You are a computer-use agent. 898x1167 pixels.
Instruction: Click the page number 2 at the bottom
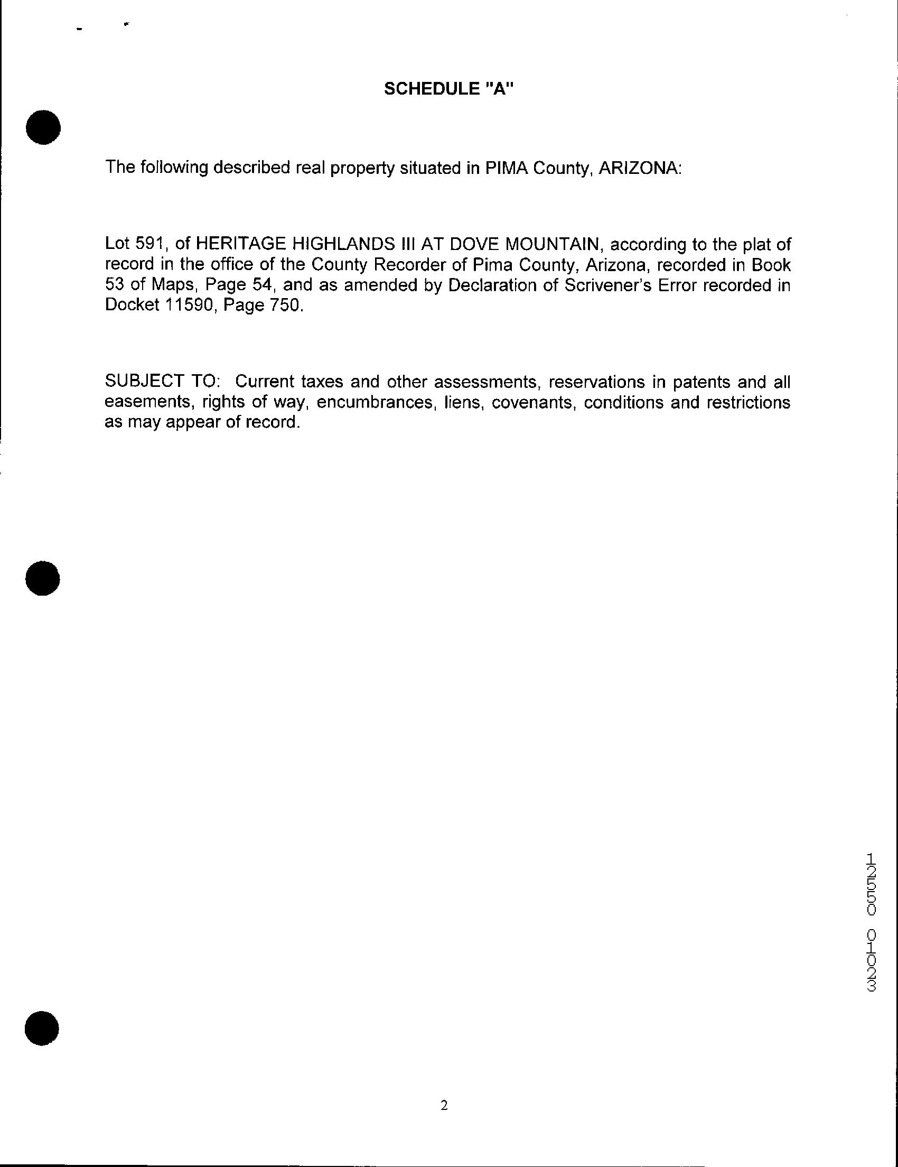click(x=444, y=1105)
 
